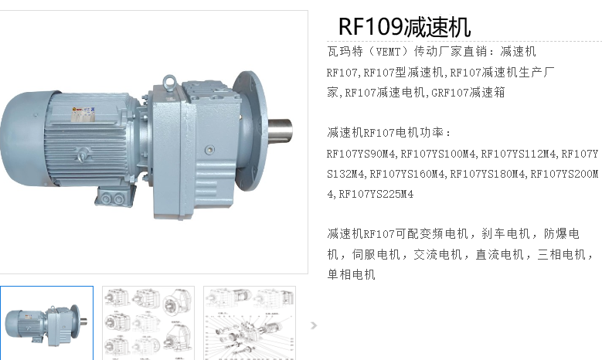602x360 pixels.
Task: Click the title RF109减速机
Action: tap(404, 27)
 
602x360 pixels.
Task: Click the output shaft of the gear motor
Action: tap(280, 130)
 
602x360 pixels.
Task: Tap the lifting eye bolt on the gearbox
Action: tap(169, 81)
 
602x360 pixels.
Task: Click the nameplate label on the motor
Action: tap(83, 114)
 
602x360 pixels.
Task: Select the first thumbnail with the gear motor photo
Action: tap(46, 323)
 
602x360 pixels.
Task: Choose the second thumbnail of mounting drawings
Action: tap(148, 323)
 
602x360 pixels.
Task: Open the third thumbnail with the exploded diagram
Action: tap(250, 323)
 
